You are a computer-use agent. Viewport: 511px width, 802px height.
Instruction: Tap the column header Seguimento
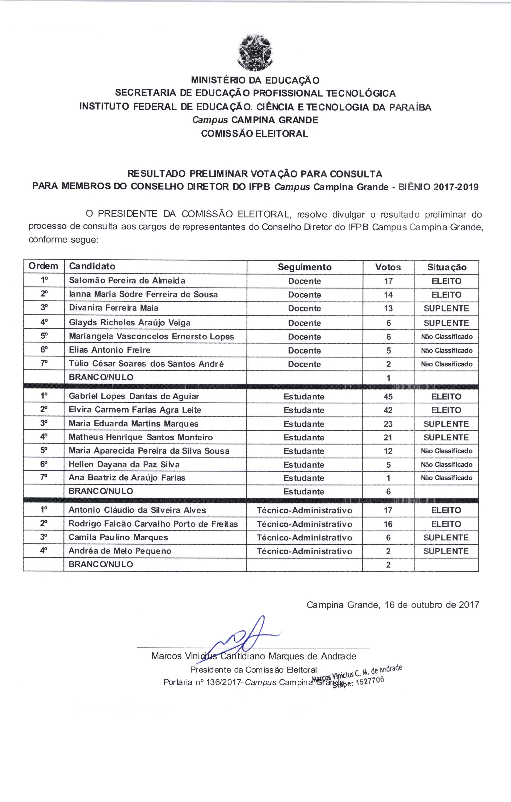click(x=305, y=267)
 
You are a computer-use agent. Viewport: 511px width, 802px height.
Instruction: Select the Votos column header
click(x=388, y=267)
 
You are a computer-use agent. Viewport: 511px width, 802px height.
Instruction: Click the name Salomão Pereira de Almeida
click(x=127, y=281)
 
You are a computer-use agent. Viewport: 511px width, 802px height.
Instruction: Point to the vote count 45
click(x=388, y=397)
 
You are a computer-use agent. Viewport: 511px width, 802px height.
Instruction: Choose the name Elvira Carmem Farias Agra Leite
click(x=135, y=410)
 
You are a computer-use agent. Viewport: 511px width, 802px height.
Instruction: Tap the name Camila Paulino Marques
click(x=118, y=537)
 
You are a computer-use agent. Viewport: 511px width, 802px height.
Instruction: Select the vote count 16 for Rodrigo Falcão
click(x=388, y=524)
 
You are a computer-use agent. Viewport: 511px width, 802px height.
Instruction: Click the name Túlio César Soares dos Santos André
click(x=146, y=364)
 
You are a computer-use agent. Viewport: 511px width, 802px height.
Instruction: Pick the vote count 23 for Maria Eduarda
click(x=388, y=424)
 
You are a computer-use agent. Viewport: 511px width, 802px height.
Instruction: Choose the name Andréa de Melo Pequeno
click(x=120, y=551)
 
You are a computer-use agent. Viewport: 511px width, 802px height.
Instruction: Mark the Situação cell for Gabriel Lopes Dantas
click(x=446, y=397)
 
